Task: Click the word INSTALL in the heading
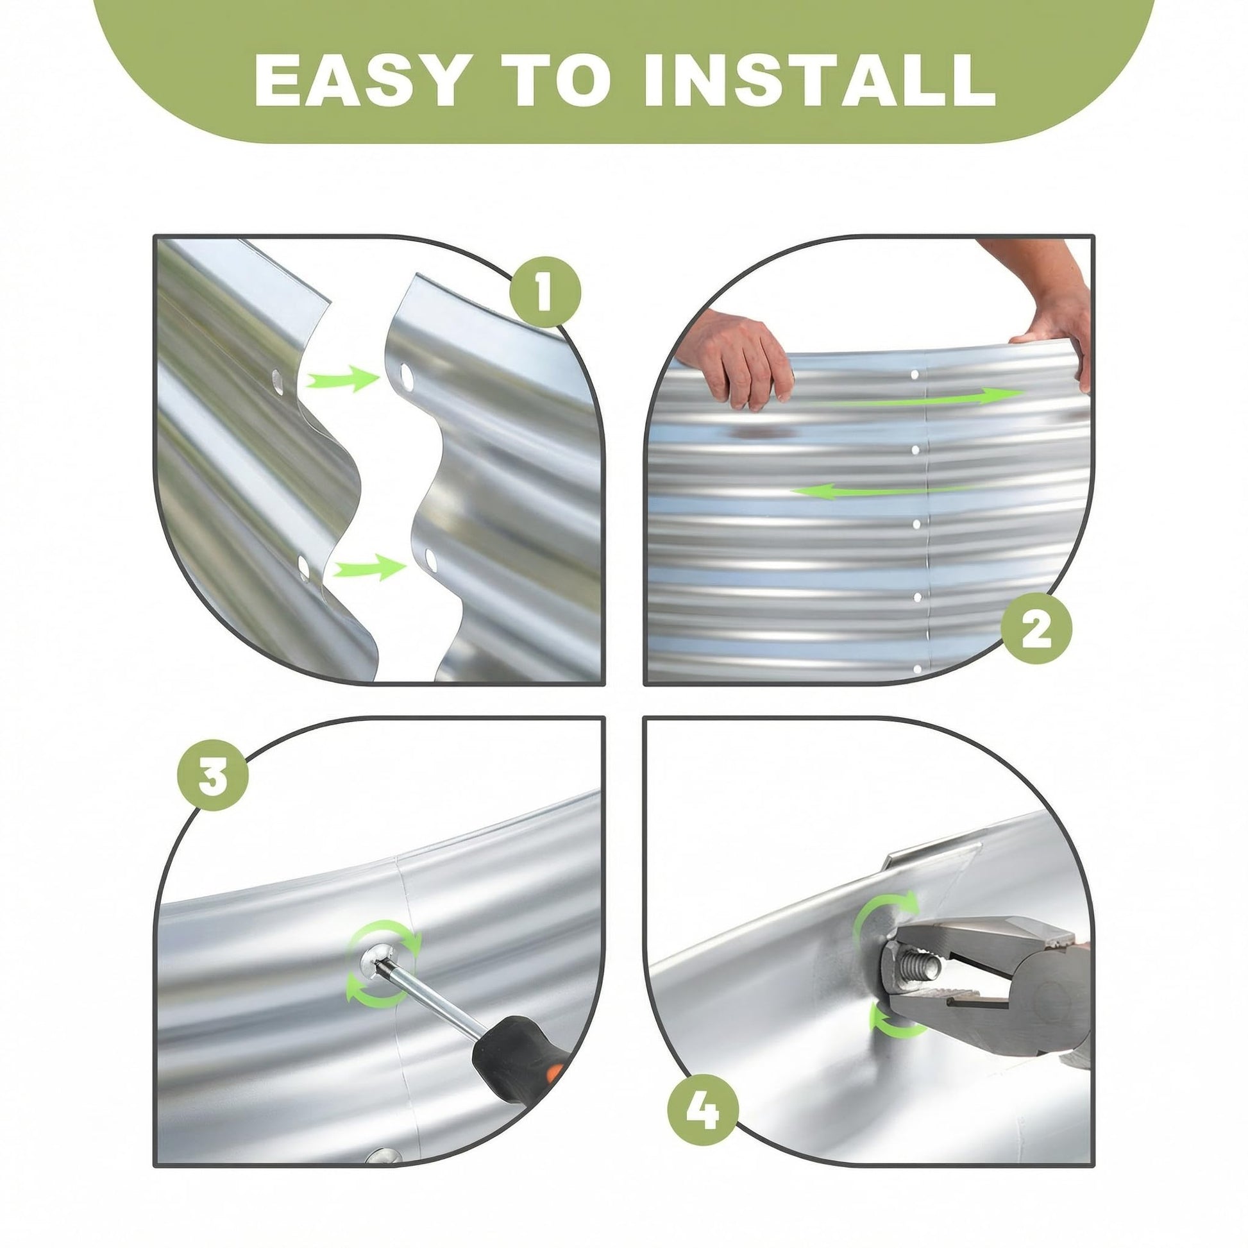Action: pyautogui.click(x=820, y=80)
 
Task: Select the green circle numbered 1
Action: pyautogui.click(x=545, y=292)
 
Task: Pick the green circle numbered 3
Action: pyautogui.click(x=213, y=775)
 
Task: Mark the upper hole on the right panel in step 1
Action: pyautogui.click(x=407, y=374)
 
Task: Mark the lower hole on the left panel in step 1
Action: pyautogui.click(x=303, y=567)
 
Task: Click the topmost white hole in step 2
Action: pyautogui.click(x=915, y=374)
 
